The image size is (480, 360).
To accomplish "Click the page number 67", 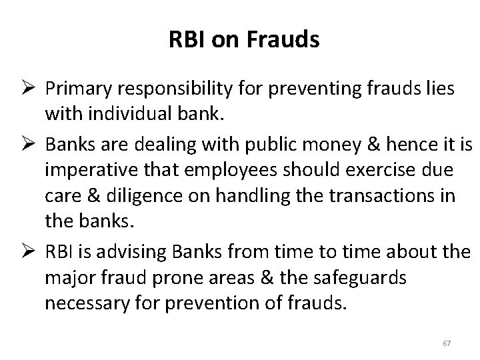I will [x=447, y=343].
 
